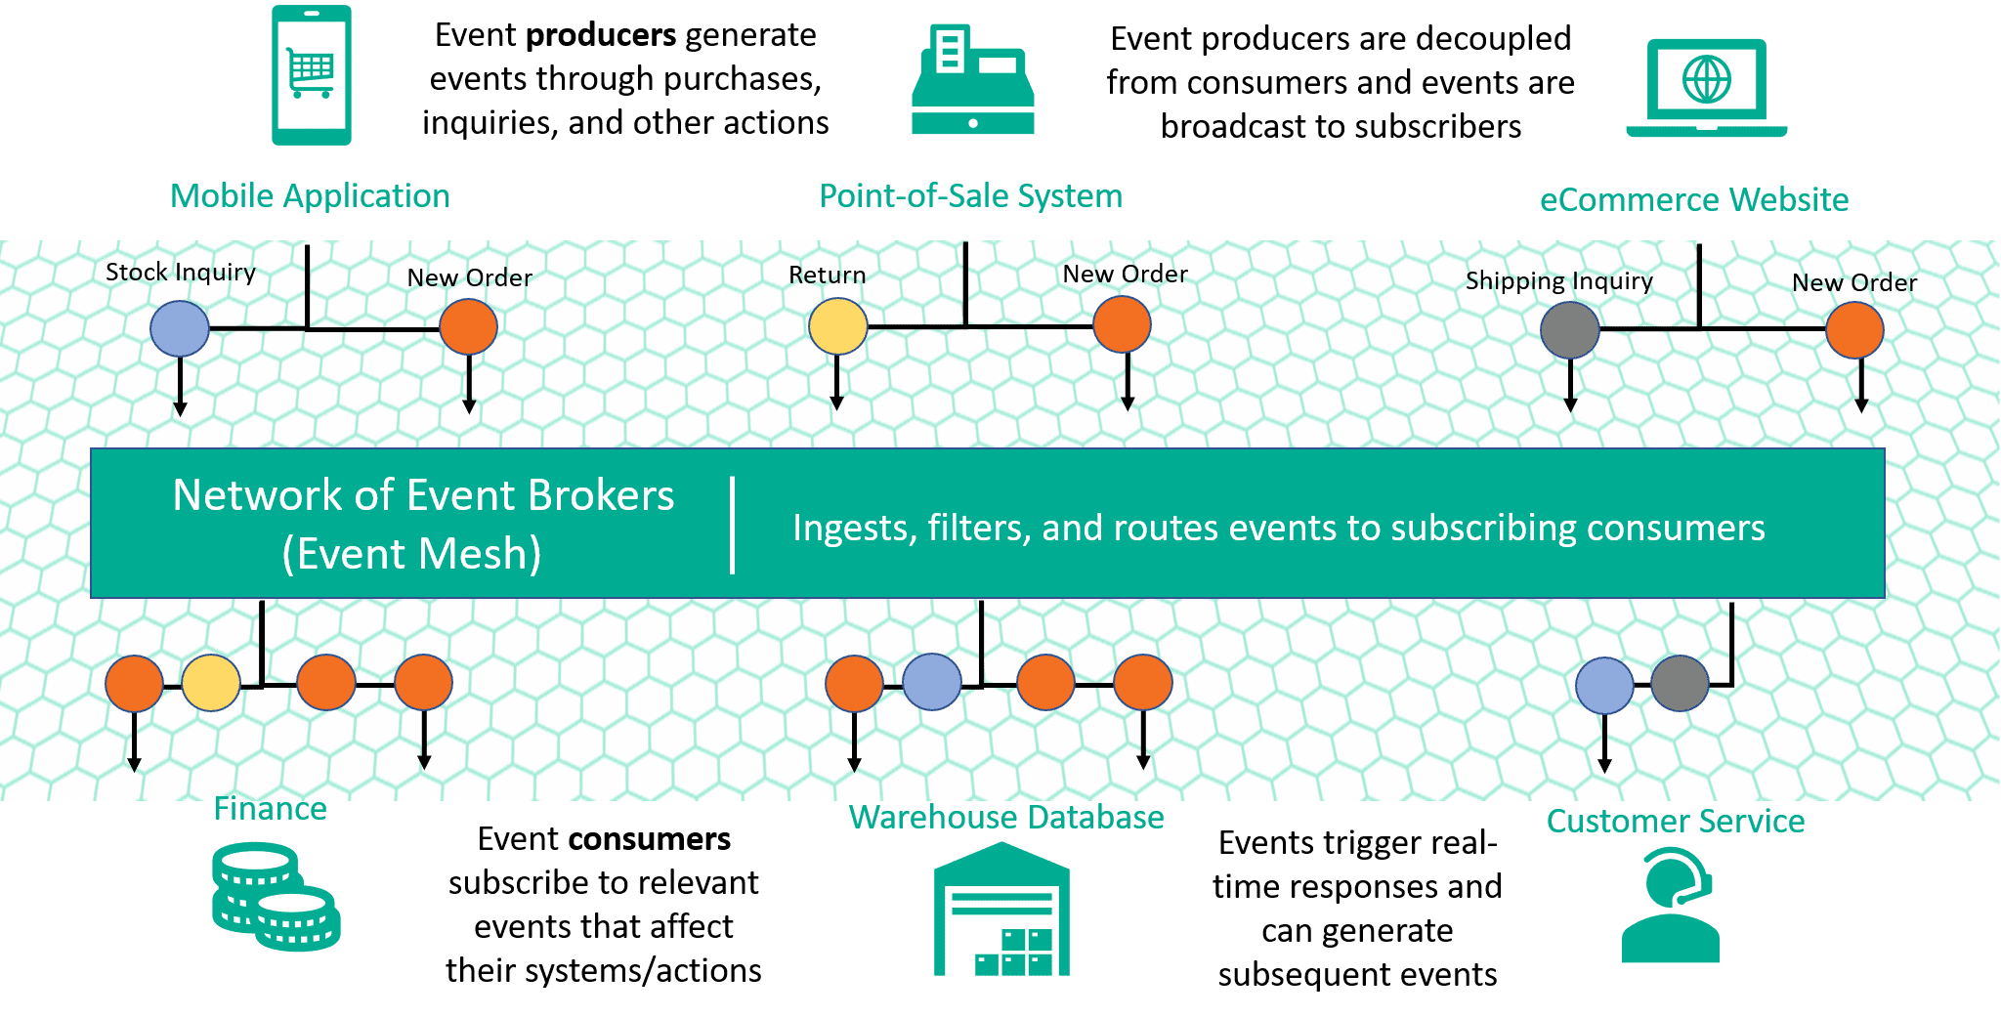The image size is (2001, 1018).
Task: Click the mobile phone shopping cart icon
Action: pos(311,75)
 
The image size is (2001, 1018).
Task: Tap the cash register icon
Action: pos(972,80)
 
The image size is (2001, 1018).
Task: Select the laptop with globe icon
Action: pos(1706,88)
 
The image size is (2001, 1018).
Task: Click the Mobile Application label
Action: pos(310,195)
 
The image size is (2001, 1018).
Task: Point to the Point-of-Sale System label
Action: pos(970,195)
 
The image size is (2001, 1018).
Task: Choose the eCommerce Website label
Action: pos(1693,199)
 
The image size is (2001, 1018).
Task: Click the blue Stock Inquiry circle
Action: pos(180,328)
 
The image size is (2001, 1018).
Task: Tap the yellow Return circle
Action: pos(837,326)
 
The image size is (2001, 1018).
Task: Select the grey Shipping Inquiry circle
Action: pos(1569,330)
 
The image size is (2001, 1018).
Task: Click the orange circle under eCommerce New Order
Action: pos(1854,330)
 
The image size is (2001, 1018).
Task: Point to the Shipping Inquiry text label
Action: pos(1558,281)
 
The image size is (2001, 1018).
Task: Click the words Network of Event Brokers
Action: pos(423,495)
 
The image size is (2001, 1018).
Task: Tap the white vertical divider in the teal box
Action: pos(732,525)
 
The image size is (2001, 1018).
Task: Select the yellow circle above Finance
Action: pos(211,683)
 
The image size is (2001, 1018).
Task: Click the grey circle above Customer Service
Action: pos(1680,683)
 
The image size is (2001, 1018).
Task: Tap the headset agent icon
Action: pos(1672,905)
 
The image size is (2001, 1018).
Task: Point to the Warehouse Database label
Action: pos(1006,817)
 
